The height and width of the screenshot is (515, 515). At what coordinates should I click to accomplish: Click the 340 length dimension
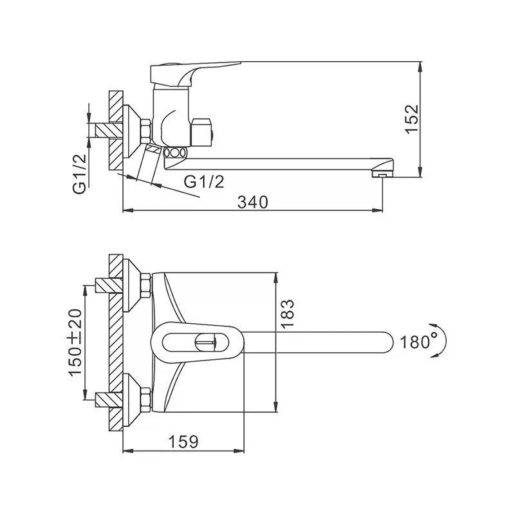(252, 202)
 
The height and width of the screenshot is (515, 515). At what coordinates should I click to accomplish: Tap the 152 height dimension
(411, 118)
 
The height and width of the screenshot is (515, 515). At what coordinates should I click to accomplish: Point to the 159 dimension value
(183, 442)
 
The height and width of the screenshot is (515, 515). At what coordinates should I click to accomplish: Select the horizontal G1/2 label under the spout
(204, 182)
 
